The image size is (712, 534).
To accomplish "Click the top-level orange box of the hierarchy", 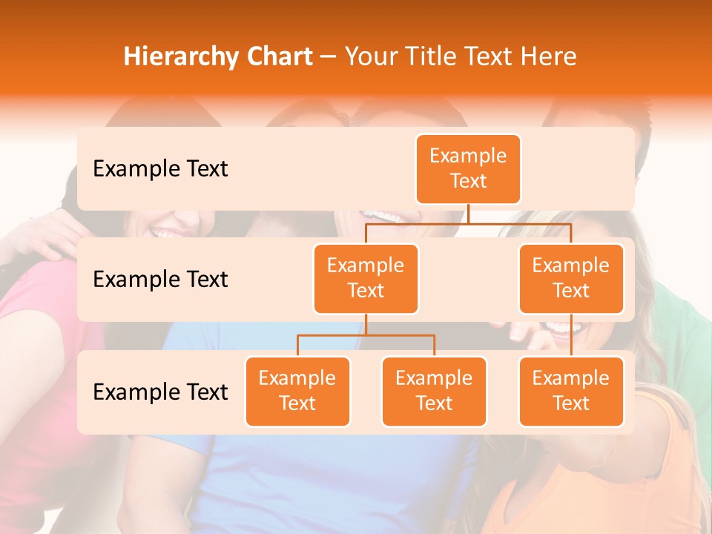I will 468,168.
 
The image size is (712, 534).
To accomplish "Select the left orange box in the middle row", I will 366,278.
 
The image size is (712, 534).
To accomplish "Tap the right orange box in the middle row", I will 571,278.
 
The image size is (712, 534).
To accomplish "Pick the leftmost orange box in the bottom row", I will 297,391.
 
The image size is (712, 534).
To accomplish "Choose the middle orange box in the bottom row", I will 434,391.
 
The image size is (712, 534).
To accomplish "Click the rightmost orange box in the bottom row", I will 571,391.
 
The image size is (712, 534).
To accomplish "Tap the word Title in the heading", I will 428,56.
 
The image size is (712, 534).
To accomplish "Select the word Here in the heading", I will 549,56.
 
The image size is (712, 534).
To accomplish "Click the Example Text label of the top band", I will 160,168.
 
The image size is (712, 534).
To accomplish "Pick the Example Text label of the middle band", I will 160,279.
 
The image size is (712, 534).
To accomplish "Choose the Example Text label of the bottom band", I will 160,392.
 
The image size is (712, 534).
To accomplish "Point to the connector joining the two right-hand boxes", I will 571,335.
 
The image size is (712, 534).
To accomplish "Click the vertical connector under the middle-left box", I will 366,324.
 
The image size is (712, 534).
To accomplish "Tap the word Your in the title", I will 370,56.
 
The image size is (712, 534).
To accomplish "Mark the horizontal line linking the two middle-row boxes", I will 468,223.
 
